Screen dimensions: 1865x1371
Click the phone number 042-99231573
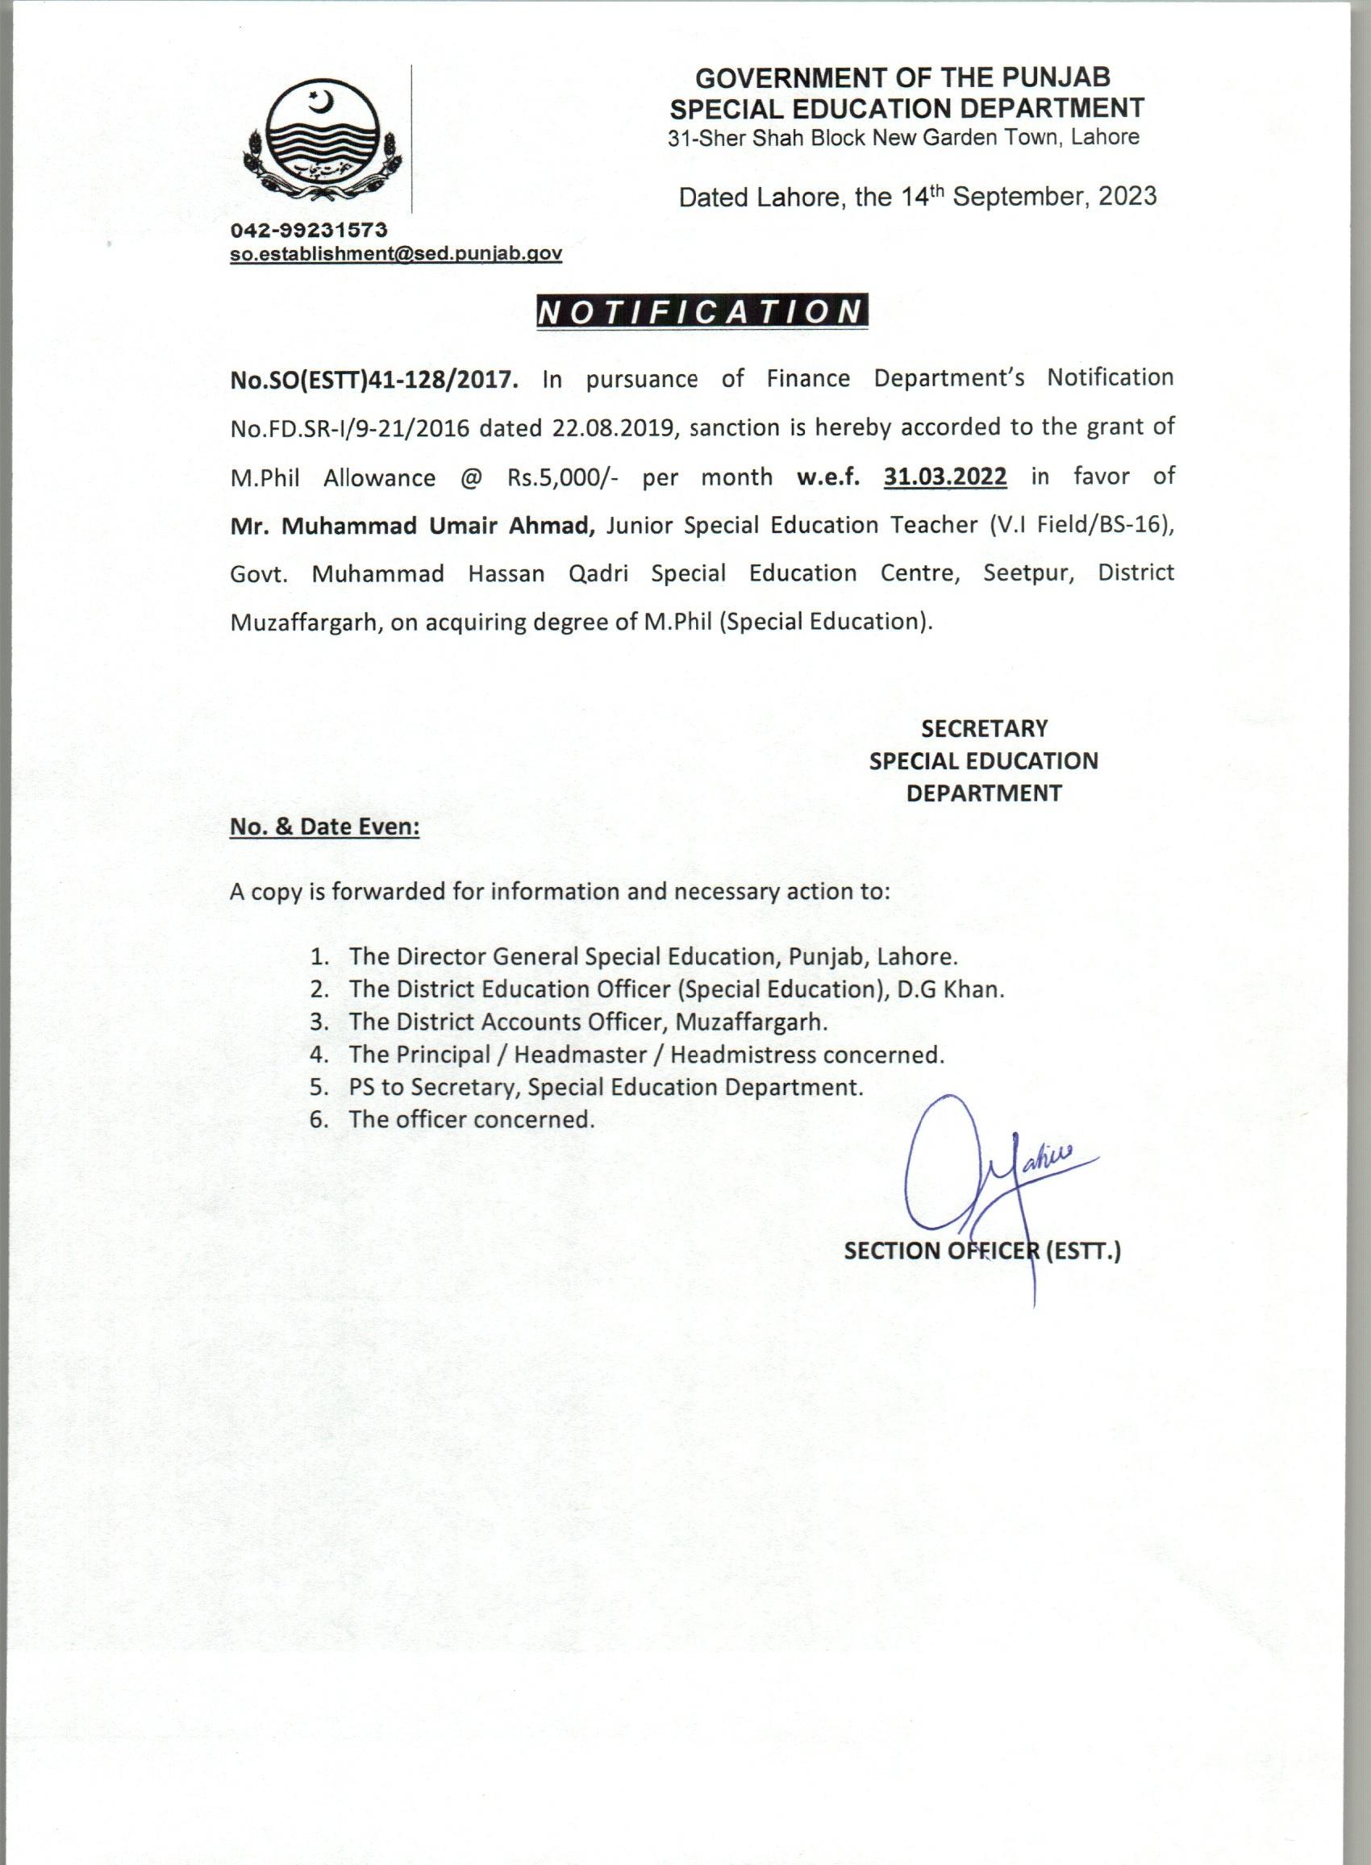(309, 230)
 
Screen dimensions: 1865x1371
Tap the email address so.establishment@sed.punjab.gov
(396, 254)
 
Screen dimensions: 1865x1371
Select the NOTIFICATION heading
(702, 312)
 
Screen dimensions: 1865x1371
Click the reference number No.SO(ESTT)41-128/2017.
(374, 380)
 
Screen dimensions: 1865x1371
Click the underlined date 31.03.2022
(945, 477)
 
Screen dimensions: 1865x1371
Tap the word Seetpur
(1028, 573)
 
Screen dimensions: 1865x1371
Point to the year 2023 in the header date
(1127, 196)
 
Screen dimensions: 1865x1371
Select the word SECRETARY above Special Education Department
(983, 728)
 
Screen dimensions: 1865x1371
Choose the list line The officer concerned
(472, 1119)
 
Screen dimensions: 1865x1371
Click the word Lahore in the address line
(1105, 137)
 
